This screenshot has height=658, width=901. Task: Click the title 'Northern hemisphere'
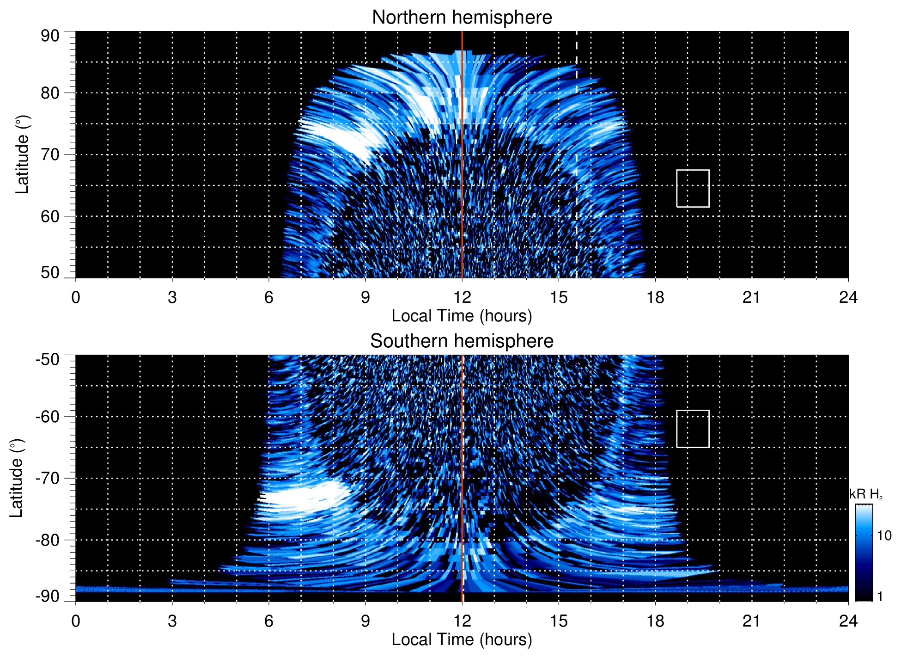(462, 18)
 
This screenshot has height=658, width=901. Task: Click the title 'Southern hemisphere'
(462, 341)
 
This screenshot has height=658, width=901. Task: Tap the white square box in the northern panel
(693, 188)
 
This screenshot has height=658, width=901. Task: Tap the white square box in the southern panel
(693, 429)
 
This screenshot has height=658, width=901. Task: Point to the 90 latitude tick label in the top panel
(50, 36)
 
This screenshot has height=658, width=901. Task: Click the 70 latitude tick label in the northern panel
(50, 154)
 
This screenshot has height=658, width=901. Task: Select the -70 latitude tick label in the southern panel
(48, 478)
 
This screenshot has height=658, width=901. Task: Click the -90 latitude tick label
(48, 596)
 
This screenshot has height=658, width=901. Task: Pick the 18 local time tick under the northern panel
(655, 297)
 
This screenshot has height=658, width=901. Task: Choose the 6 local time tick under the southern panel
(269, 621)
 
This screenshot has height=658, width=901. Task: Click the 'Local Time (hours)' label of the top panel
(462, 316)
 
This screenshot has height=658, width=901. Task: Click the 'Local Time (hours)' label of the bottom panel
(462, 640)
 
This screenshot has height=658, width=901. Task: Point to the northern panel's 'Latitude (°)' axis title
(22, 154)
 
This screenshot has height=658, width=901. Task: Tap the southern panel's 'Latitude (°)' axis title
(17, 478)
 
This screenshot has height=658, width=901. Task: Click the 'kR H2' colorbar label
(865, 494)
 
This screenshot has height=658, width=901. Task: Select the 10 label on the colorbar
(884, 535)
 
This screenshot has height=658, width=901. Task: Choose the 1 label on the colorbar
(880, 597)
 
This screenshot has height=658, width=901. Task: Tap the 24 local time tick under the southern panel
(848, 621)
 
